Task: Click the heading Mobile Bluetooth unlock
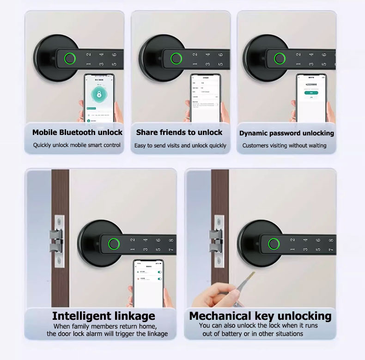tap(77, 133)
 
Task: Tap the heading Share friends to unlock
tap(179, 133)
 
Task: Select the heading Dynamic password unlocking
tap(286, 133)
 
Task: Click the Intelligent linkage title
tap(103, 316)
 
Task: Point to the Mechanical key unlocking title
tap(260, 316)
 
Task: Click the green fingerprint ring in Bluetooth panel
tap(70, 59)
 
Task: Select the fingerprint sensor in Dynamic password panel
tap(279, 59)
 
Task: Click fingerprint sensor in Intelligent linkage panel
tap(112, 244)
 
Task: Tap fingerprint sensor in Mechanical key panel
tap(274, 244)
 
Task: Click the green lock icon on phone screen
tap(99, 95)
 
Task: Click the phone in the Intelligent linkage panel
tap(149, 283)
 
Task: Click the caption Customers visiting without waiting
tap(284, 146)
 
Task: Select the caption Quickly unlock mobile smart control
tap(77, 145)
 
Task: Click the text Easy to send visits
tap(162, 146)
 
